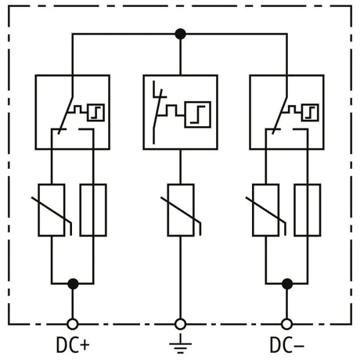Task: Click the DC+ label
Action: tap(73, 345)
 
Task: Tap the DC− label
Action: tap(287, 345)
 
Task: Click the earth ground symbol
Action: tap(180, 344)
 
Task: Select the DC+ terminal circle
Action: tap(73, 324)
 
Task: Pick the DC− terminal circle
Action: tap(287, 324)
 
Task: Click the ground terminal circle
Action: tap(180, 324)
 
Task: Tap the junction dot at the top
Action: tap(180, 34)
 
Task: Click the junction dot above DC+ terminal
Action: tap(73, 284)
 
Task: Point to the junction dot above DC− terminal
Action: tap(287, 284)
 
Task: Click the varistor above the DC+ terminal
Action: tap(52, 210)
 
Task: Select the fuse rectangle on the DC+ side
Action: tap(93, 210)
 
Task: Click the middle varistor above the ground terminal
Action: tap(181, 210)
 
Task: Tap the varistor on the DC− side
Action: tap(266, 210)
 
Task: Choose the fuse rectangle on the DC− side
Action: tap(308, 210)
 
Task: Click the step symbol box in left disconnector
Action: tap(95, 113)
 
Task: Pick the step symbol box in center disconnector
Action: tap(198, 114)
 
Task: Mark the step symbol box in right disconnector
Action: tap(310, 113)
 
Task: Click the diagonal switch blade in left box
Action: tap(66, 116)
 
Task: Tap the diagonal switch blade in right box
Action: tap(280, 116)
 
